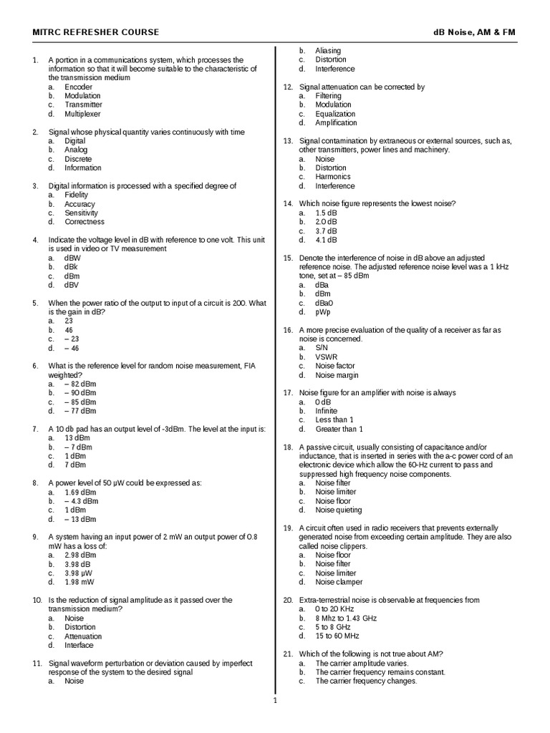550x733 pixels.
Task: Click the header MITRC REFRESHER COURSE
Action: point(96,32)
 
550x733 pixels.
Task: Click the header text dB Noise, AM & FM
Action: point(474,32)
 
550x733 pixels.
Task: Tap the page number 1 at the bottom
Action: point(275,700)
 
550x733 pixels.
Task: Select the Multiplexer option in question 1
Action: point(82,114)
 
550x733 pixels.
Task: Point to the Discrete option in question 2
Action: point(78,159)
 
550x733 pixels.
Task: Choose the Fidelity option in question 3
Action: point(76,195)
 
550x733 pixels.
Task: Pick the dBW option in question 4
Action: point(72,258)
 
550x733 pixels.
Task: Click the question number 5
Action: point(34,303)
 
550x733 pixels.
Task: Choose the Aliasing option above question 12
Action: point(328,51)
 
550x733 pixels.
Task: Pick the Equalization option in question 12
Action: point(335,114)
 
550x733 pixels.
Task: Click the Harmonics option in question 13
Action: point(333,177)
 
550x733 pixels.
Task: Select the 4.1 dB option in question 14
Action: point(326,240)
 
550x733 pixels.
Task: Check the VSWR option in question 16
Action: point(326,356)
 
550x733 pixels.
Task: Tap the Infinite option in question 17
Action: point(326,411)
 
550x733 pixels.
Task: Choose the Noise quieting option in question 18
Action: point(339,510)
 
